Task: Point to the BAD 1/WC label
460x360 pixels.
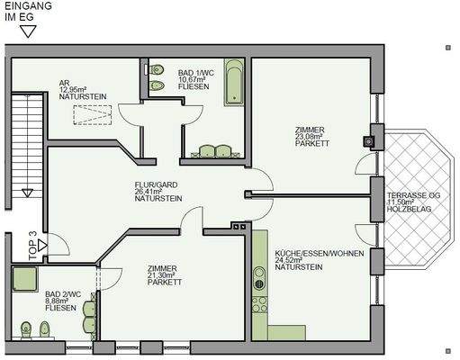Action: (195, 77)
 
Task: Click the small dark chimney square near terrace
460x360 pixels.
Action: (367, 140)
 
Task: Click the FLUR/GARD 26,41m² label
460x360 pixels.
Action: (158, 191)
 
